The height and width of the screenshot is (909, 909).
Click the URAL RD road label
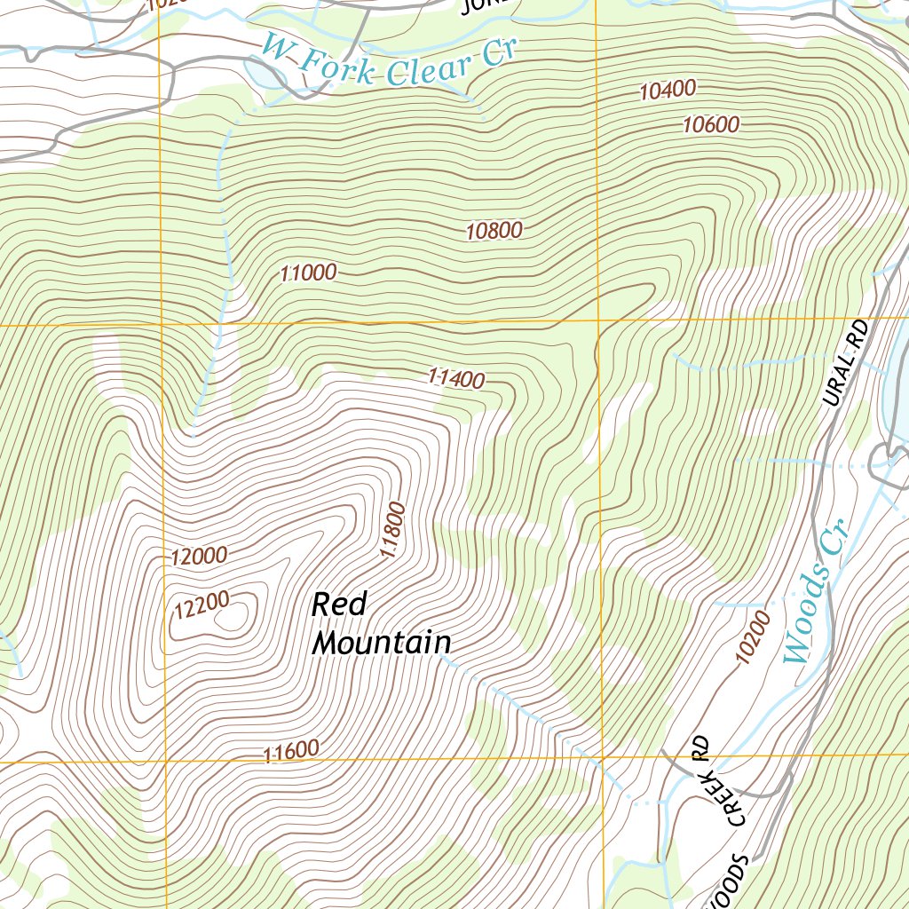[x=843, y=365]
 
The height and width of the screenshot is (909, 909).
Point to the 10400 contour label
[x=667, y=90]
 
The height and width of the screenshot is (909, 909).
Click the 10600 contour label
[x=711, y=125]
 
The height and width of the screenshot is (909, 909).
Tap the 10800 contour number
[x=494, y=232]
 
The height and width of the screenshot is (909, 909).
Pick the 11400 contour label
[x=455, y=379]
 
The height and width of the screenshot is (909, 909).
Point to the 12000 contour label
[x=199, y=557]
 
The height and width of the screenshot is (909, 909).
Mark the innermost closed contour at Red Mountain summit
[x=231, y=616]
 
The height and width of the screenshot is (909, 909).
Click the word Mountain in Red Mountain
[x=382, y=643]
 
